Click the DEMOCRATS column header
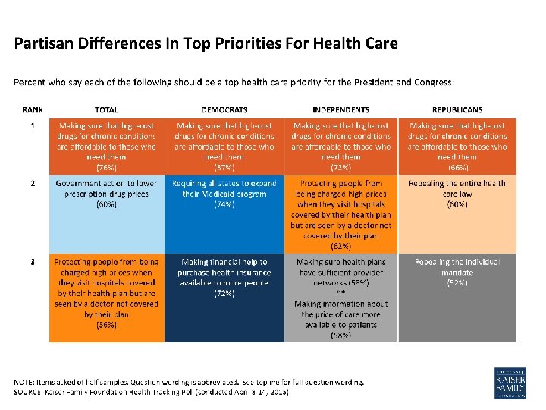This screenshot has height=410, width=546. [x=224, y=110]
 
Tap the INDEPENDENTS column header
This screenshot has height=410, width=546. [x=340, y=110]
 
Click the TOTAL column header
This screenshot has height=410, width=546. [x=106, y=110]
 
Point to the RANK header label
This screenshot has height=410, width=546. [x=33, y=110]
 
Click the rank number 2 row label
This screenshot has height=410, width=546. [x=33, y=184]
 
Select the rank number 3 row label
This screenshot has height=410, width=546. [x=33, y=262]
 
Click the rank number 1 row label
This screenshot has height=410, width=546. [x=33, y=125]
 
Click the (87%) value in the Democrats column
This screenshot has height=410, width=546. [x=224, y=166]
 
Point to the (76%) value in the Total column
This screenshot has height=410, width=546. [x=106, y=166]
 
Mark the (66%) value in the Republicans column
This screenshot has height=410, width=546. [x=457, y=166]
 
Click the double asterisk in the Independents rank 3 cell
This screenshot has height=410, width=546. [x=340, y=292]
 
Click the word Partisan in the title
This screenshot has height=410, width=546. [x=44, y=43]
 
